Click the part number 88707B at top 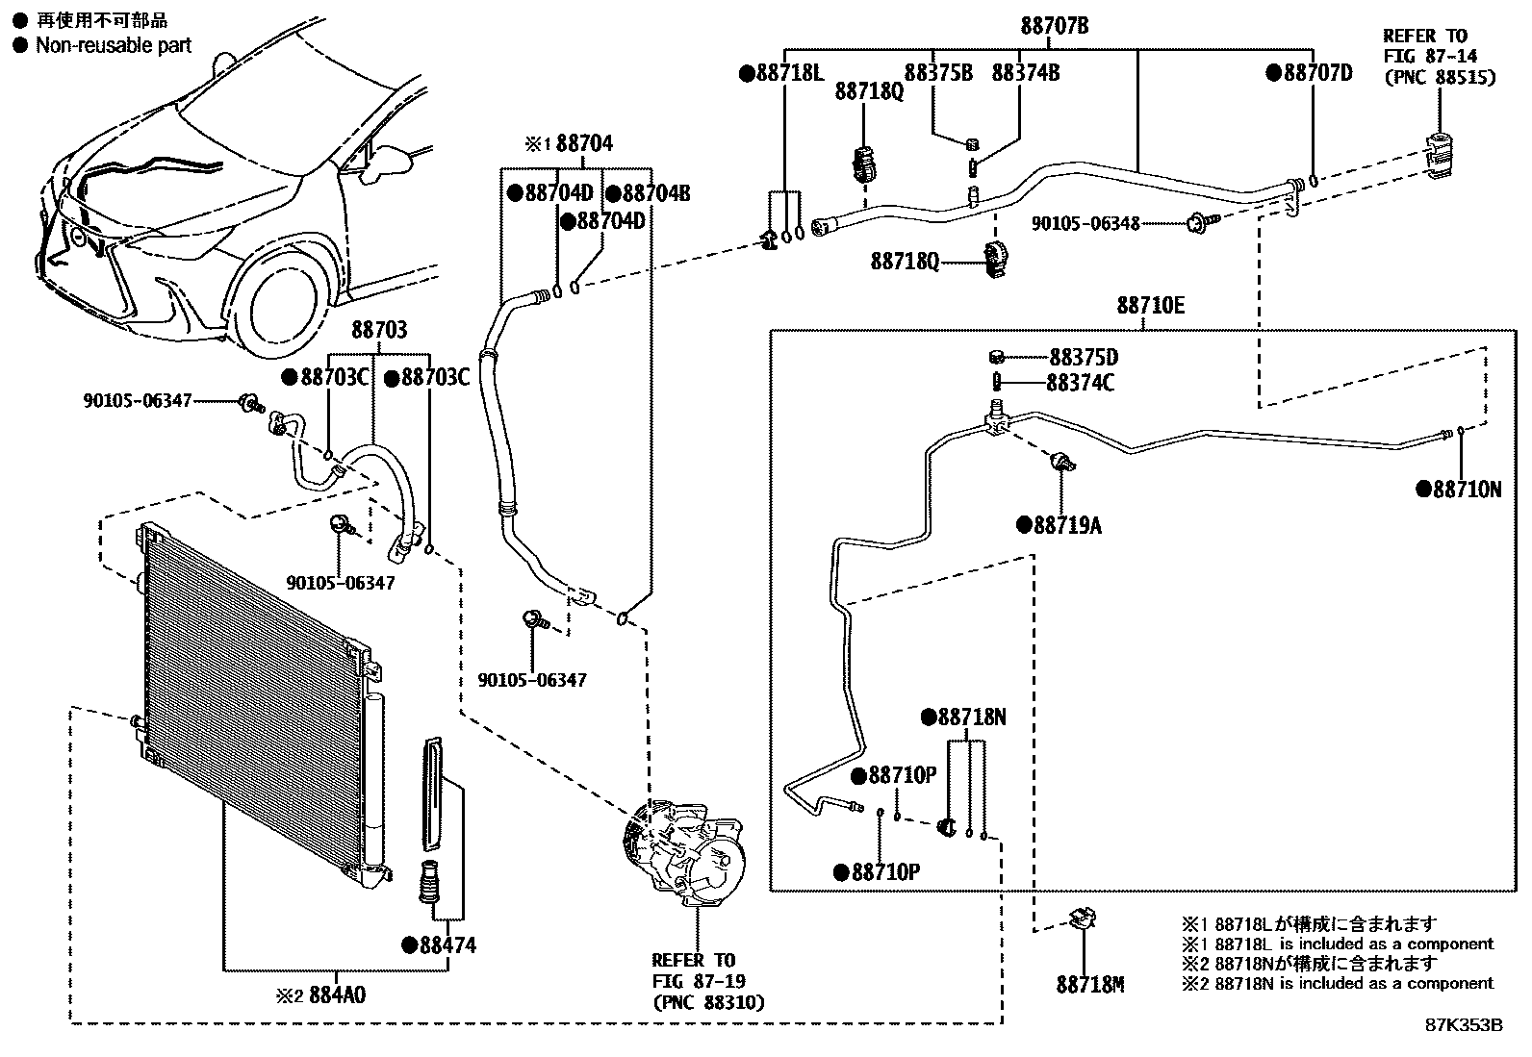[x=1055, y=26]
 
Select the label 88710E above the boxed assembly [x=1150, y=306]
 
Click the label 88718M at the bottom [x=1089, y=985]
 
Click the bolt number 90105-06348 [x=1085, y=223]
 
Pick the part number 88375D [x=1083, y=358]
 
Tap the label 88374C [x=1081, y=383]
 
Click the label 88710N [x=1466, y=490]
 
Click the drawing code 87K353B [x=1463, y=1025]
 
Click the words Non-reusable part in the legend [x=113, y=45]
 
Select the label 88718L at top [x=789, y=72]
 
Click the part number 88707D [x=1317, y=72]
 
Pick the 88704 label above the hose [x=583, y=144]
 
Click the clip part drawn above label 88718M [x=1083, y=919]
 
